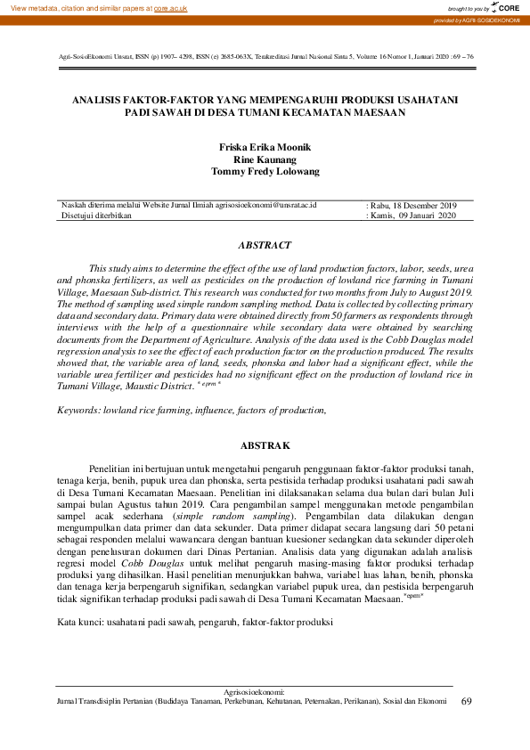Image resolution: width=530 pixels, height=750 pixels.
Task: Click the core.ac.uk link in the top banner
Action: pos(172,7)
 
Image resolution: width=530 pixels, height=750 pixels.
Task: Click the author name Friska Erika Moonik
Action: pos(265,147)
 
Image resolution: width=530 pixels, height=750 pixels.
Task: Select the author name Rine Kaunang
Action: pos(265,159)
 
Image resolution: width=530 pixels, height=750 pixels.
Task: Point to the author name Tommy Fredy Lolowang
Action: pos(265,171)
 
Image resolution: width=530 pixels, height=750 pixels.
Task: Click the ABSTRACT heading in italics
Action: pos(265,244)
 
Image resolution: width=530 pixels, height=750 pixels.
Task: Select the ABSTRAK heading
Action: pos(265,444)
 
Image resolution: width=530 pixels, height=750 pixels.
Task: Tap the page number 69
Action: pos(467,701)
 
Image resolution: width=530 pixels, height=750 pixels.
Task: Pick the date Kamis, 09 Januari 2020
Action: pos(413,216)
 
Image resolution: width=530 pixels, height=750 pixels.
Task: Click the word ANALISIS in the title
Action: pos(98,101)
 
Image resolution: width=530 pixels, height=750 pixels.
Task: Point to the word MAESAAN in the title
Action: pos(378,113)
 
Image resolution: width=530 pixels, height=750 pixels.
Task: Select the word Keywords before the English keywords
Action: pos(77,410)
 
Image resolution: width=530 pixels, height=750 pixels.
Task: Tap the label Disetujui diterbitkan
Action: pos(96,216)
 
